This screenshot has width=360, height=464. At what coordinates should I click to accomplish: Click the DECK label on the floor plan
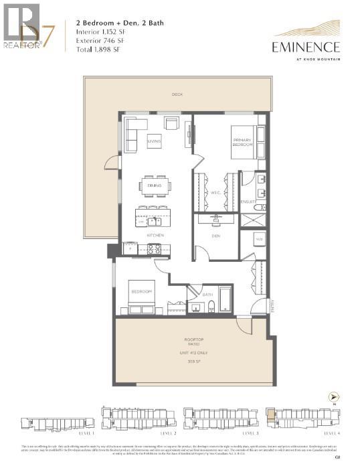click(x=177, y=94)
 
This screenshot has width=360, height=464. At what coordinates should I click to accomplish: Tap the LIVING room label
click(x=154, y=141)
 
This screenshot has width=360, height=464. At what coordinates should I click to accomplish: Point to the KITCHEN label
click(x=156, y=236)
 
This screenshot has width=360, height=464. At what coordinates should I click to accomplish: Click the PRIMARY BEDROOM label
click(x=242, y=142)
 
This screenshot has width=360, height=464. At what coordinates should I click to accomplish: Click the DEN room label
click(x=215, y=235)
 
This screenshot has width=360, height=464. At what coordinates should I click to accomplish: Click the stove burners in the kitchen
click(x=154, y=249)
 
